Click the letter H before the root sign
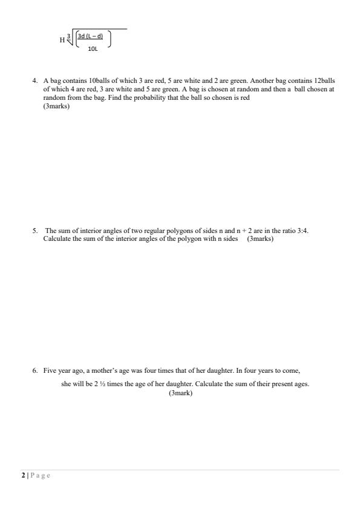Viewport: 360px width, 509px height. pos(62,41)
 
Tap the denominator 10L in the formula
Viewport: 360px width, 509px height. pos(93,48)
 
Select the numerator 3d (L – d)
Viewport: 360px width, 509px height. pos(91,36)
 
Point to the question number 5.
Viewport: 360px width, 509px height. pos(34,231)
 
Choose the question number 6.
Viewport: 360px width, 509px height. pos(35,370)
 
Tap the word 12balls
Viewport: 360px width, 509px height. pos(324,80)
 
